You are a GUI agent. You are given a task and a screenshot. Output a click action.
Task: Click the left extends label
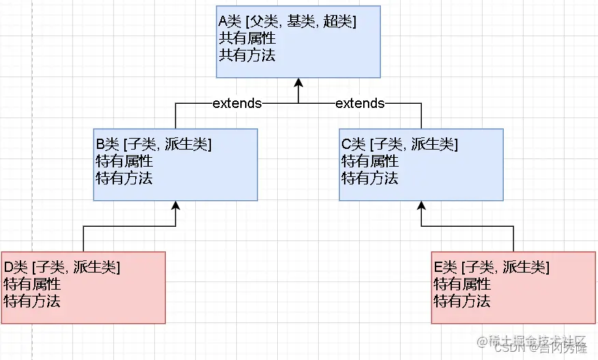[237, 103]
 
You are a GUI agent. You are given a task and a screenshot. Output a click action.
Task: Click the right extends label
[360, 103]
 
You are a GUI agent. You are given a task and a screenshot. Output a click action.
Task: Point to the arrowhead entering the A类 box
[298, 83]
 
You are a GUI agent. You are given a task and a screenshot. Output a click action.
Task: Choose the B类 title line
[154, 144]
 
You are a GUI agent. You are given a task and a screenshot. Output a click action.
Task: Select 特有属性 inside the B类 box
[124, 161]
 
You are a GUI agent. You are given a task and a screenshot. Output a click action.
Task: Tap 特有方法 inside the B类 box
[124, 178]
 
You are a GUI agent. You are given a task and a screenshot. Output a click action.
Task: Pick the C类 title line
[399, 144]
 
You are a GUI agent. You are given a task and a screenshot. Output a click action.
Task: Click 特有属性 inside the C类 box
[369, 161]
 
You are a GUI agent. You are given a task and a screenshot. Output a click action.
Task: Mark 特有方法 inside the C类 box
[369, 178]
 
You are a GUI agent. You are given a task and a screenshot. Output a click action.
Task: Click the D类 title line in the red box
[62, 267]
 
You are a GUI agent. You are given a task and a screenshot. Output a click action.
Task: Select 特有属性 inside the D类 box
[32, 284]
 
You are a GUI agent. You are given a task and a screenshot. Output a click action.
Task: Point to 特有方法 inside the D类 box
[32, 301]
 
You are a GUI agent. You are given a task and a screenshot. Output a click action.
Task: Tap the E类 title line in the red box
[492, 267]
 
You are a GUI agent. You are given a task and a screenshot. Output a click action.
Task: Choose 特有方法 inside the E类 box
[462, 301]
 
